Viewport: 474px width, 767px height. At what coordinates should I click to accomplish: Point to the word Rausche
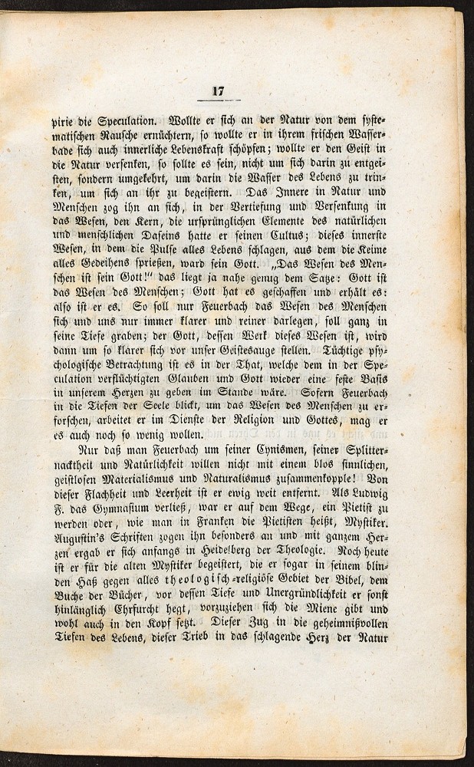[x=123, y=137]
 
